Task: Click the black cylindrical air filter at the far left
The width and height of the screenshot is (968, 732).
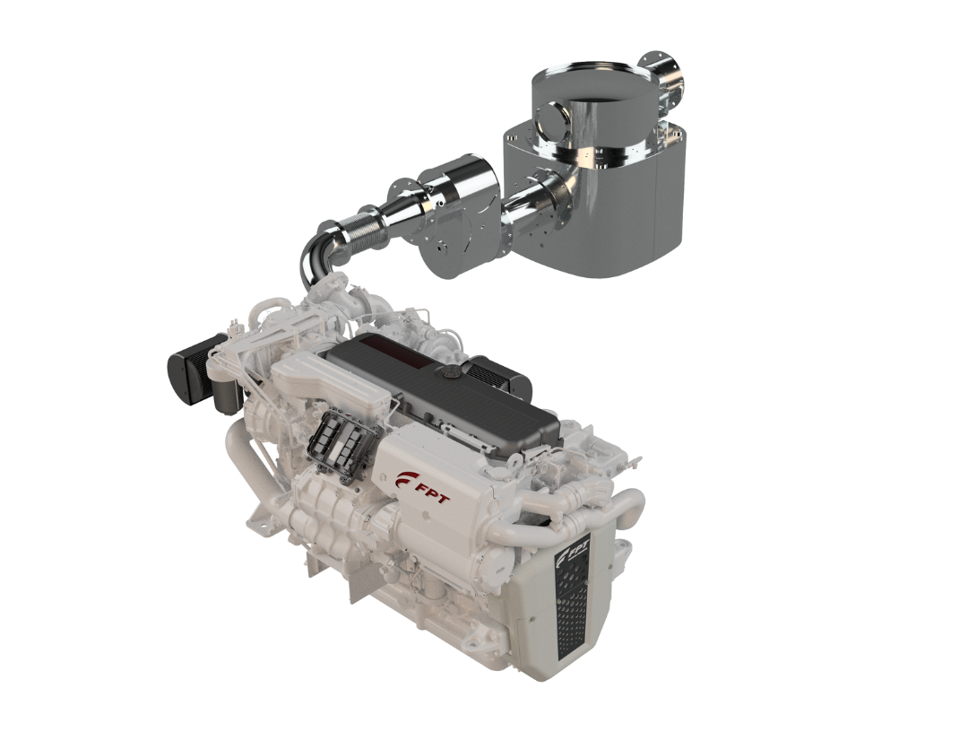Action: pos(195,368)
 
